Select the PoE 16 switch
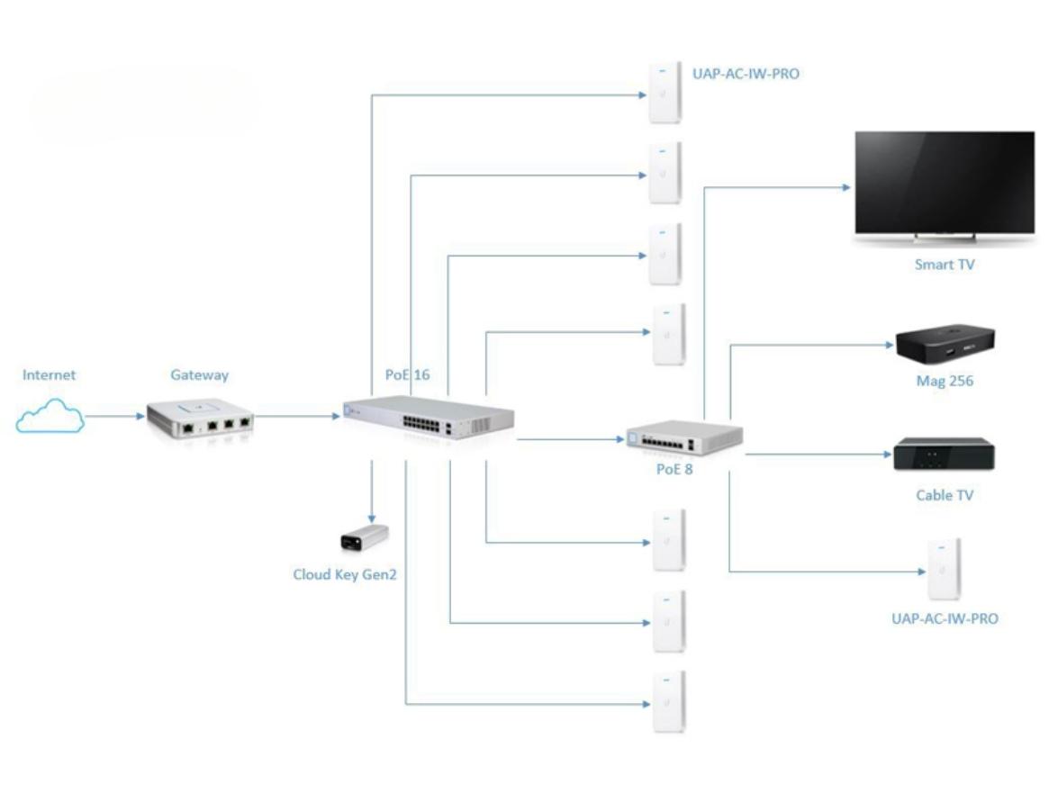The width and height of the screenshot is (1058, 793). point(429,418)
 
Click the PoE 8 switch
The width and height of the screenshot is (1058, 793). point(684,437)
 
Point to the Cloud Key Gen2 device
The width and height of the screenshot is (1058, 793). point(365,537)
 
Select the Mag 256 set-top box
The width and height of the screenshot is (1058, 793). point(945,346)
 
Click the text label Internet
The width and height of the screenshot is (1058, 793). point(50,375)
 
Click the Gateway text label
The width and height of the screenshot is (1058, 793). point(199,375)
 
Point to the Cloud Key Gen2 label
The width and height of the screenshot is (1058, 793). point(345,574)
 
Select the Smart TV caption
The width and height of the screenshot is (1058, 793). point(945,265)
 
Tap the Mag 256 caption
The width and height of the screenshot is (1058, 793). point(945,381)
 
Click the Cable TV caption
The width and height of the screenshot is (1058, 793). point(945,495)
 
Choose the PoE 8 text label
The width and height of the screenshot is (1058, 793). point(674,469)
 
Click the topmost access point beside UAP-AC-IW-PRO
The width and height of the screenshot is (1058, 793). point(665,93)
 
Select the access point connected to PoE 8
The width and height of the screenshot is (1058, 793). point(944,569)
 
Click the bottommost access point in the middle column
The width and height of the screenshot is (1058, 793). point(669,701)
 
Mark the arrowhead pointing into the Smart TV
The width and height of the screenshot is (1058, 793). point(846,187)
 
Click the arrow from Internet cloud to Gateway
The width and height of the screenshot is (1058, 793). point(114,416)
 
